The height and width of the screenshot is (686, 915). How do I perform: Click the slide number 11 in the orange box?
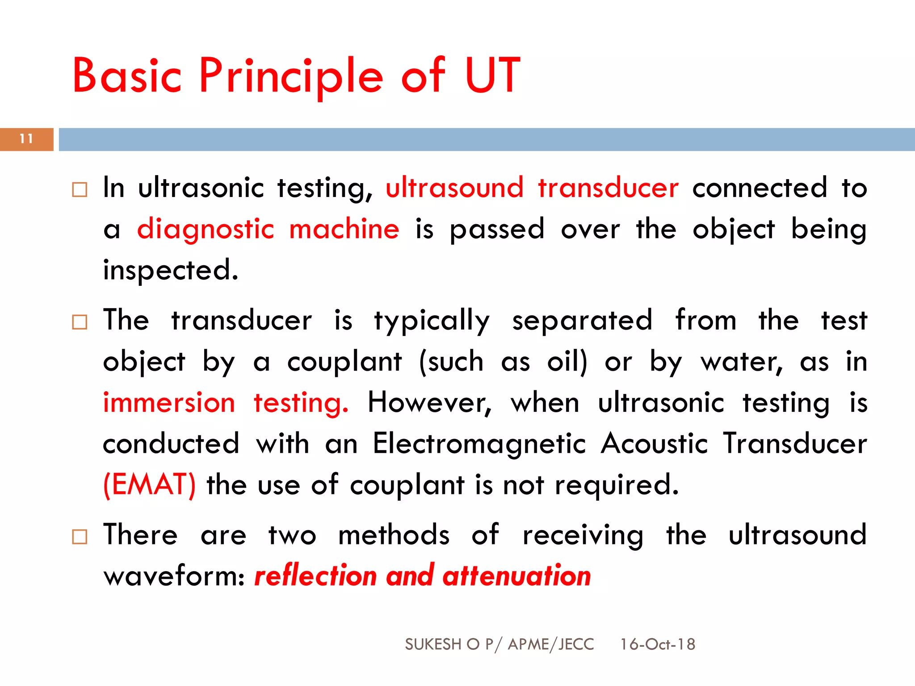[26, 139]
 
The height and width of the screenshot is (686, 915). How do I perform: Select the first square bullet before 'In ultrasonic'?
[80, 190]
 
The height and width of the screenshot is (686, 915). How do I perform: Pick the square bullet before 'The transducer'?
[80, 322]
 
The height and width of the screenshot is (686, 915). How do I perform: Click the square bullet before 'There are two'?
[80, 536]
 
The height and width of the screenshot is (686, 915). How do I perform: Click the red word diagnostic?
[206, 230]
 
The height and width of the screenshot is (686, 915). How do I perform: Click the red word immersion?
[169, 402]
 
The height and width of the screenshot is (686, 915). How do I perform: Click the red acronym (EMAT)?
[149, 485]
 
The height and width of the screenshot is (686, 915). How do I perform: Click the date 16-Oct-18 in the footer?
[657, 644]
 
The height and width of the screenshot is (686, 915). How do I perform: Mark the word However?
[429, 402]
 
